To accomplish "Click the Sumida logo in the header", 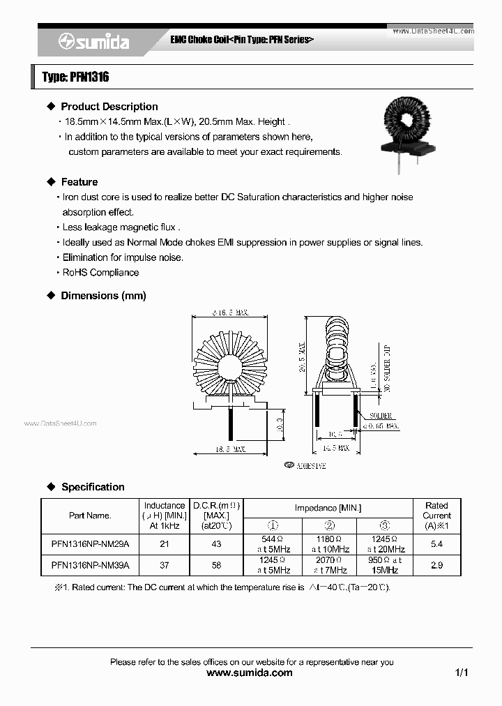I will point(94,42).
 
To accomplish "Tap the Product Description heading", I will point(109,107).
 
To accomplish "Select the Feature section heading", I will point(79,182).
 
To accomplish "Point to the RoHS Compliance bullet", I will point(100,273).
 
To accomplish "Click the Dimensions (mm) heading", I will point(103,296).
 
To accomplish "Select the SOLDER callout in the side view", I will point(381,416).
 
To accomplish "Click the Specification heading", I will point(93,487).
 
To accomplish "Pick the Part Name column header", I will point(90,516).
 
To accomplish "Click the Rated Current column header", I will point(436,516).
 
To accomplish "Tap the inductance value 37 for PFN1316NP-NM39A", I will point(165,565).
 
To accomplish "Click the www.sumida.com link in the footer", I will point(250,673).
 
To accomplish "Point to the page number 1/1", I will point(462,673).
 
